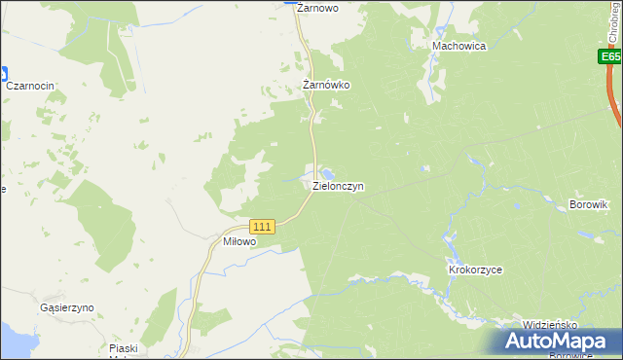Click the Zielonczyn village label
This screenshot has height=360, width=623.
(338, 186)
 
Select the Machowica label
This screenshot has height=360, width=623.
(459, 46)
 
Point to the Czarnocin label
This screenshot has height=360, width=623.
(30, 87)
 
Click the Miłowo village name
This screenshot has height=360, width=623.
(239, 241)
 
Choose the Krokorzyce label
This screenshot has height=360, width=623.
(474, 270)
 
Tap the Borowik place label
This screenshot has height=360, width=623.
(588, 205)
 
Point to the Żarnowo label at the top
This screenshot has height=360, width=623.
(316, 8)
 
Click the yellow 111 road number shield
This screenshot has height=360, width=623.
(263, 226)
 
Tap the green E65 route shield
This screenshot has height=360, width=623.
(609, 58)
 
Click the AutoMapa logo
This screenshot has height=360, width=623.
(553, 342)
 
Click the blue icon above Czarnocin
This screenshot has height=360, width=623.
(3, 72)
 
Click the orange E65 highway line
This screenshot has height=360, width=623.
(617, 102)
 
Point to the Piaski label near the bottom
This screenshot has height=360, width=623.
(124, 348)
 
